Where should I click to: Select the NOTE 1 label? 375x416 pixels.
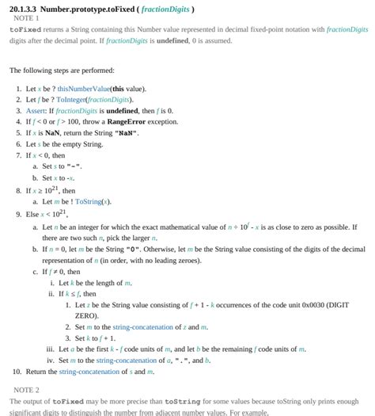click(26, 18)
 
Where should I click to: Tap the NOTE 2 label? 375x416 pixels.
click(26, 390)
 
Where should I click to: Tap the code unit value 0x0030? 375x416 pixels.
click(290, 304)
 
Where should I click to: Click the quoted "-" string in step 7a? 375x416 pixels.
click(74, 166)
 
